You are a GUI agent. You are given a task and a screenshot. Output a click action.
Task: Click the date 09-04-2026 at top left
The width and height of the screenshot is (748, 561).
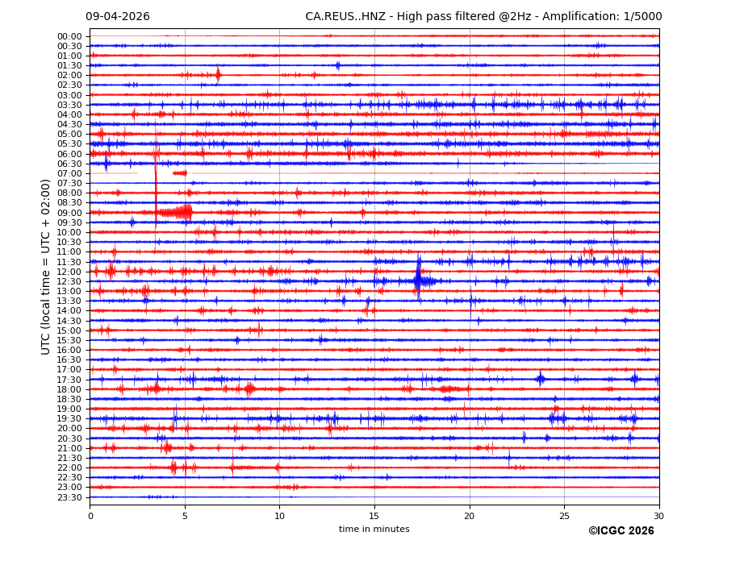117,17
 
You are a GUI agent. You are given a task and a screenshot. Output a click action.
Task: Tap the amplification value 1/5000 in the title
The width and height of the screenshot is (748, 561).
642,17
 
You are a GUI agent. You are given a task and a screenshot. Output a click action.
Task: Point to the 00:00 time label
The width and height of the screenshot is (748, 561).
69,36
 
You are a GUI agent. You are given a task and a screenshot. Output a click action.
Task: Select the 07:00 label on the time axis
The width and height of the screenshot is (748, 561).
69,173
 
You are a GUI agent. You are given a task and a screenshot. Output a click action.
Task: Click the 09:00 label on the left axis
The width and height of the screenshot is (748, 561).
69,213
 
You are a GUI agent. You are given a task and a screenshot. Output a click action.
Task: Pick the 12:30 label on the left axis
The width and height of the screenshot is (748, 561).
69,281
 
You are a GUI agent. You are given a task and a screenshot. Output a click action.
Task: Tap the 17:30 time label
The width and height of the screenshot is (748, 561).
69,380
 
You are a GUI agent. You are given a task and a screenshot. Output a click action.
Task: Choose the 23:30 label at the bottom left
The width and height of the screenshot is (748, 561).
69,497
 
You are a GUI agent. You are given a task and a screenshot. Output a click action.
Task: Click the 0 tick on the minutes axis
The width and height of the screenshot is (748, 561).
90,515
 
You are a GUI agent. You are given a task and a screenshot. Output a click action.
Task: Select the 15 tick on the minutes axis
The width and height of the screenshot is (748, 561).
374,515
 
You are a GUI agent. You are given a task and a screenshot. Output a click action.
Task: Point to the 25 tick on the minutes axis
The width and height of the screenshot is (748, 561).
564,515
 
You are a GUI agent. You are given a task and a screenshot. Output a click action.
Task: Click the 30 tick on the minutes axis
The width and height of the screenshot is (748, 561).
658,515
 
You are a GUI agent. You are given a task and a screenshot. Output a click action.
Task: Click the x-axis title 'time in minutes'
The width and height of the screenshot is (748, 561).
374,529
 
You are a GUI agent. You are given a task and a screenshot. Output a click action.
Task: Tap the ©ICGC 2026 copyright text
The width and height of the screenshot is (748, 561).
621,531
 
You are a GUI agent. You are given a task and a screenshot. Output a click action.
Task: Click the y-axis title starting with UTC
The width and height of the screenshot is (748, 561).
46,267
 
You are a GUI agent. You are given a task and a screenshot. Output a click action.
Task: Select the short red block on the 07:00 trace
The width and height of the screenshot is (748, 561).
179,173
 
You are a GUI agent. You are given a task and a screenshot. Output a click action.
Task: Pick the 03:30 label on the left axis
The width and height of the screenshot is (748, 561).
69,105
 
